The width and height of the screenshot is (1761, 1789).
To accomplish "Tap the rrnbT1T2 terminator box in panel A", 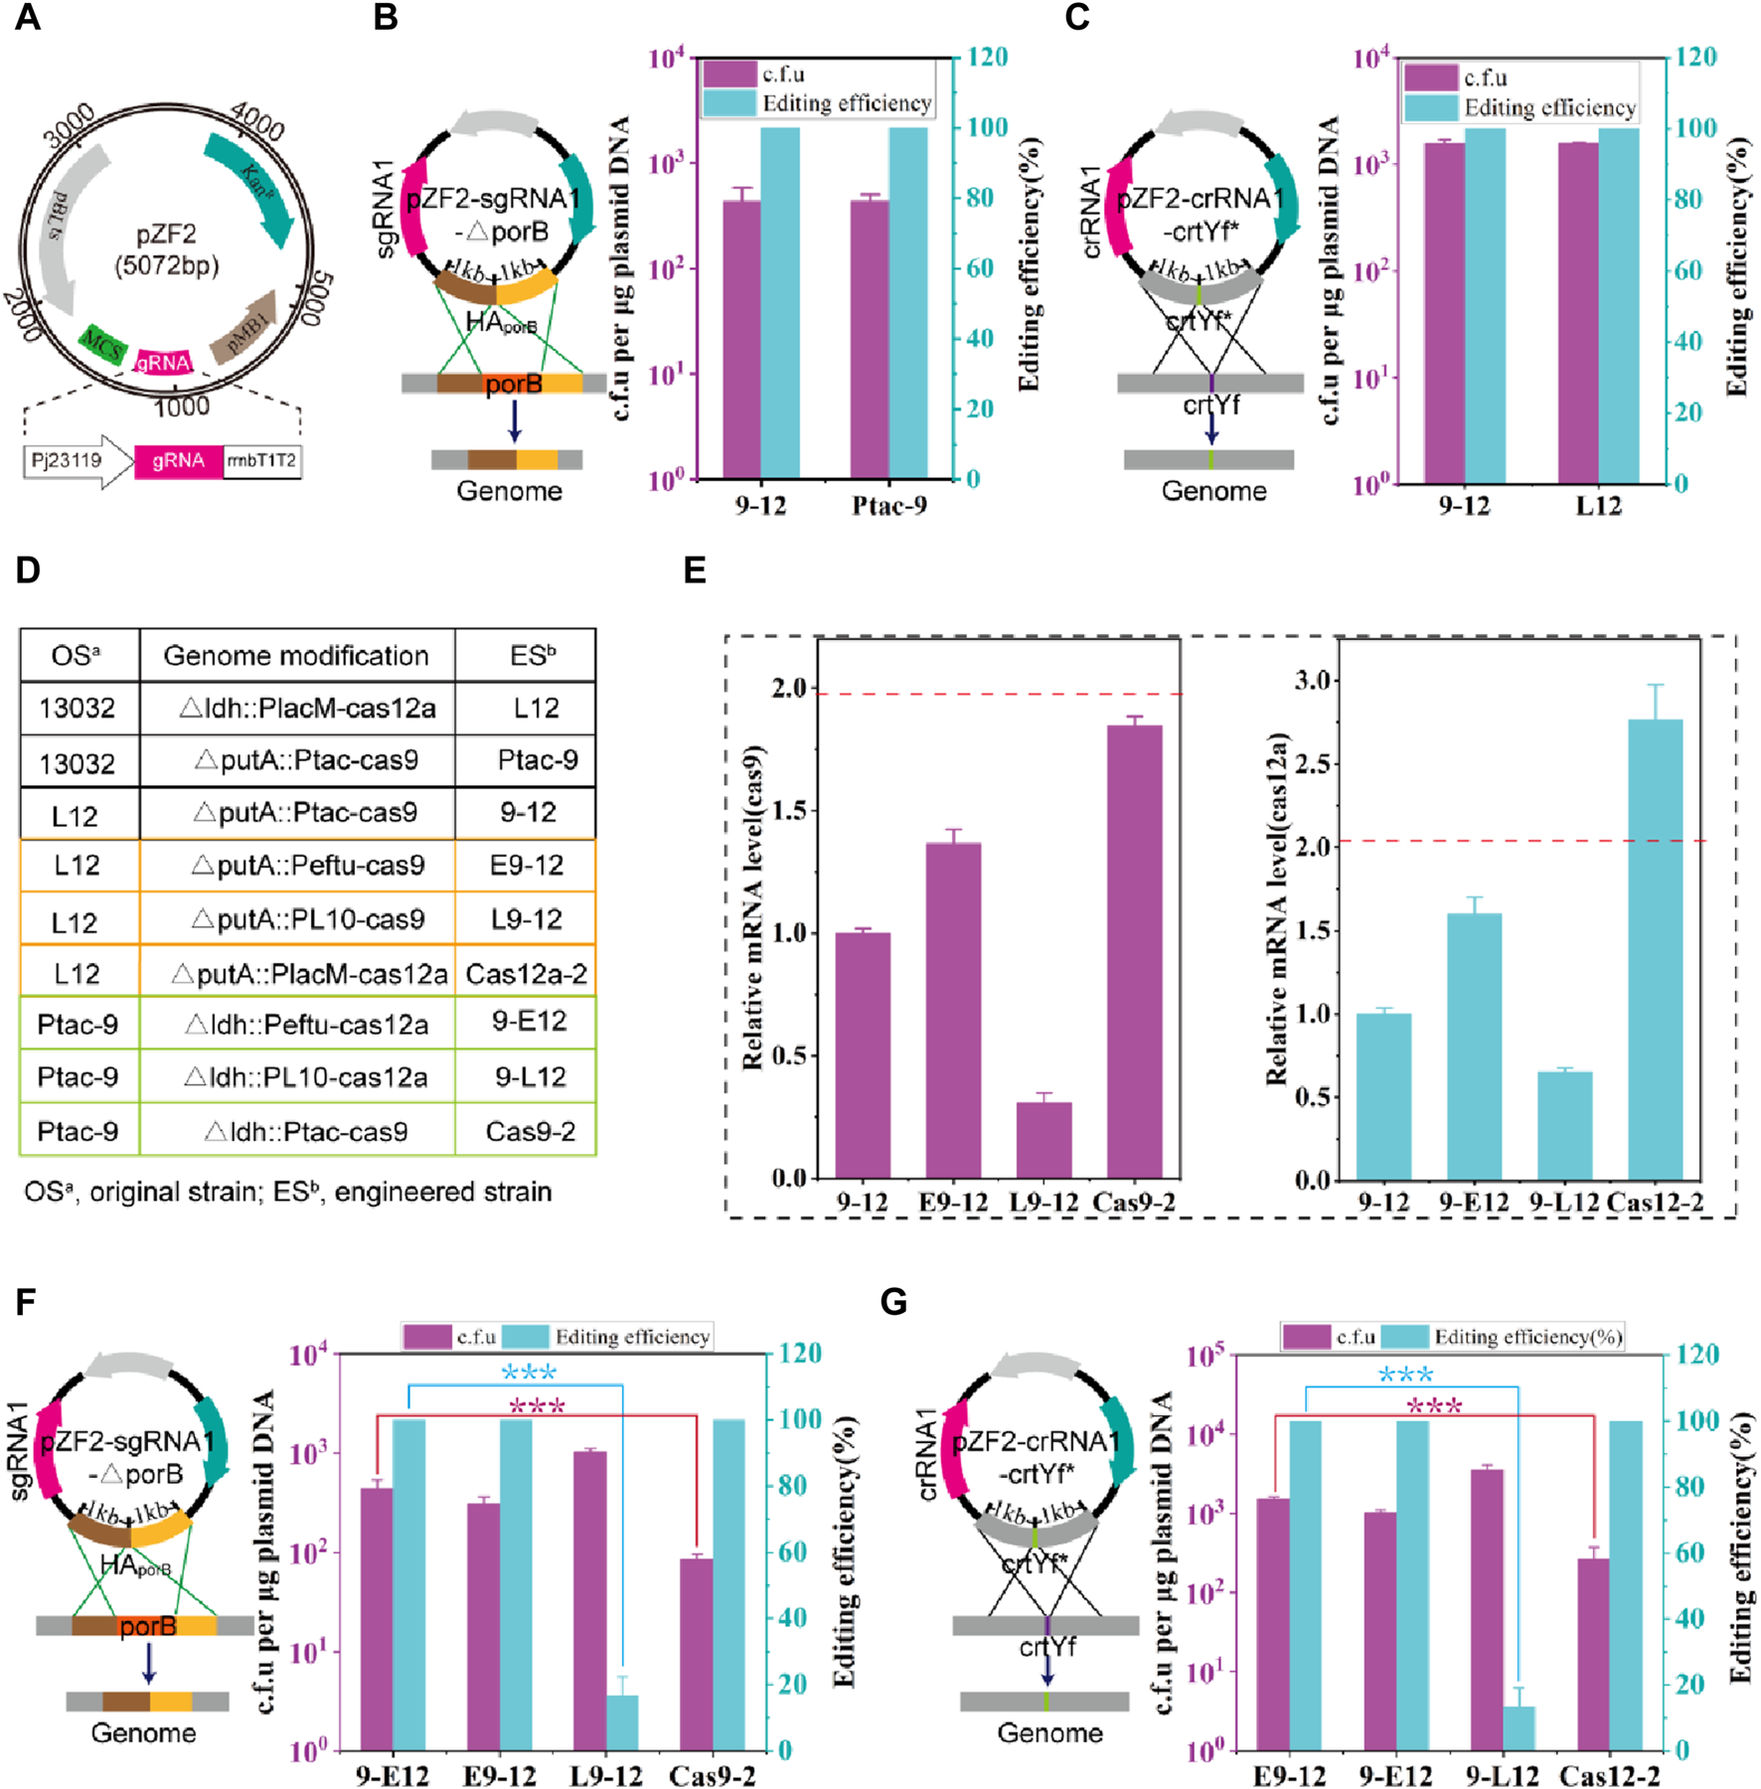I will tap(261, 461).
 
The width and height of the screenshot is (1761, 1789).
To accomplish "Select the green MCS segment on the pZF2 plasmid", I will tap(102, 346).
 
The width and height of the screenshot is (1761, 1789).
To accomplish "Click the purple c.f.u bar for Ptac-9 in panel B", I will tap(869, 338).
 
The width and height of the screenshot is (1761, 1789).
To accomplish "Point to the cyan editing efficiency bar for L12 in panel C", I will tap(1618, 303).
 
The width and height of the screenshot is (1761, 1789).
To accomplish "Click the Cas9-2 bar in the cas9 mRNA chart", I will tap(1134, 950).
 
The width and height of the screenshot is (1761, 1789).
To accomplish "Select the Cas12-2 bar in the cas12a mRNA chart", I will tap(1655, 948).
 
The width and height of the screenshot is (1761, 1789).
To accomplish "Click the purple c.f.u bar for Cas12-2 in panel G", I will tap(1592, 1654).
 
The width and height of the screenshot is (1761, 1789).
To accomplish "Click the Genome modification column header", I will tap(296, 656).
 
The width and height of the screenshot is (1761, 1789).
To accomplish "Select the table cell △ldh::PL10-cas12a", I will tap(306, 1077).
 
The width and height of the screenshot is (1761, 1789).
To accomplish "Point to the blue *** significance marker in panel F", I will tap(529, 1373).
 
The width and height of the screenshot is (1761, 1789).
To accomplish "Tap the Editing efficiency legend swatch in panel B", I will tap(729, 103).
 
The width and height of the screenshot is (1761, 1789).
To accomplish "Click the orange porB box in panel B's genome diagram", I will tap(513, 384).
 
